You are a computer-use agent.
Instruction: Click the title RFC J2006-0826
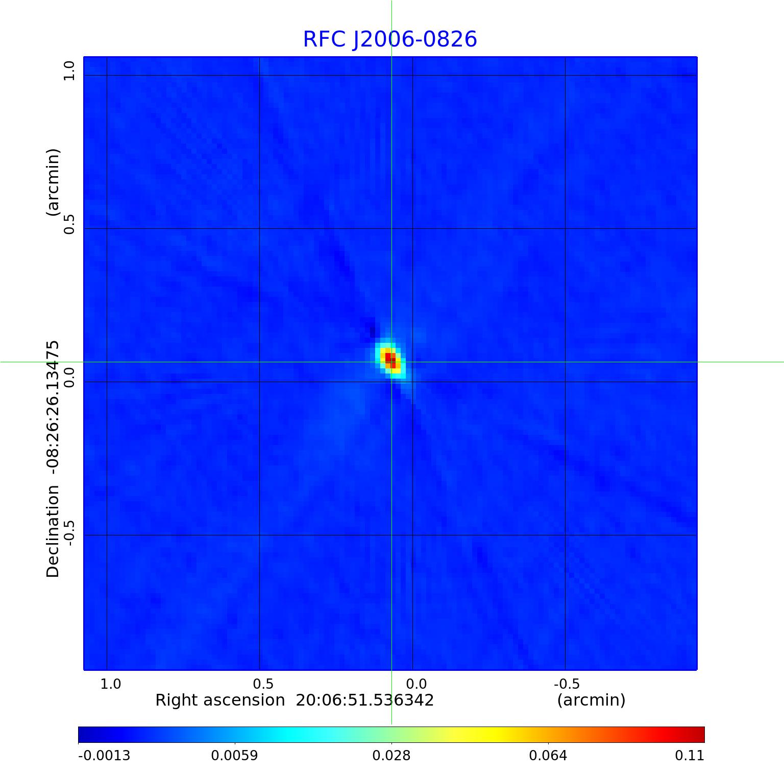pyautogui.click(x=390, y=39)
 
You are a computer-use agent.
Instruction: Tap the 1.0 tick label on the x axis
pyautogui.click(x=110, y=684)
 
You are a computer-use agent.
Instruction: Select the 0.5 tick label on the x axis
pyautogui.click(x=263, y=684)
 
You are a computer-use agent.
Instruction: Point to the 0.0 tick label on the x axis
pyautogui.click(x=416, y=684)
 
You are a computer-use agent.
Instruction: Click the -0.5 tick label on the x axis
pyautogui.click(x=567, y=684)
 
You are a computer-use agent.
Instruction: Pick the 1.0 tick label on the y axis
pyautogui.click(x=69, y=71)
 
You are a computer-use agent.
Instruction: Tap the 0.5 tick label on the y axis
pyautogui.click(x=69, y=224)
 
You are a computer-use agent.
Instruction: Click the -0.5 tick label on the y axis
pyautogui.click(x=69, y=532)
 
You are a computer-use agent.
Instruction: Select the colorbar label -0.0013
pyautogui.click(x=104, y=755)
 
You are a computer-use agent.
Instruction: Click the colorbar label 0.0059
pyautogui.click(x=235, y=755)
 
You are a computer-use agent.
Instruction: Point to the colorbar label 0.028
pyautogui.click(x=391, y=755)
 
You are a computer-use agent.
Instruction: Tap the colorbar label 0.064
pyautogui.click(x=548, y=755)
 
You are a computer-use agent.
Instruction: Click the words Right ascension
pyautogui.click(x=220, y=700)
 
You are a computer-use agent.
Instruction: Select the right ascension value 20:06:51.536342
pyautogui.click(x=365, y=700)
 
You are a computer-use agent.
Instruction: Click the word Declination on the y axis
pyautogui.click(x=53, y=531)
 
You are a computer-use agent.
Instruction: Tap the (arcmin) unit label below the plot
pyautogui.click(x=591, y=700)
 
